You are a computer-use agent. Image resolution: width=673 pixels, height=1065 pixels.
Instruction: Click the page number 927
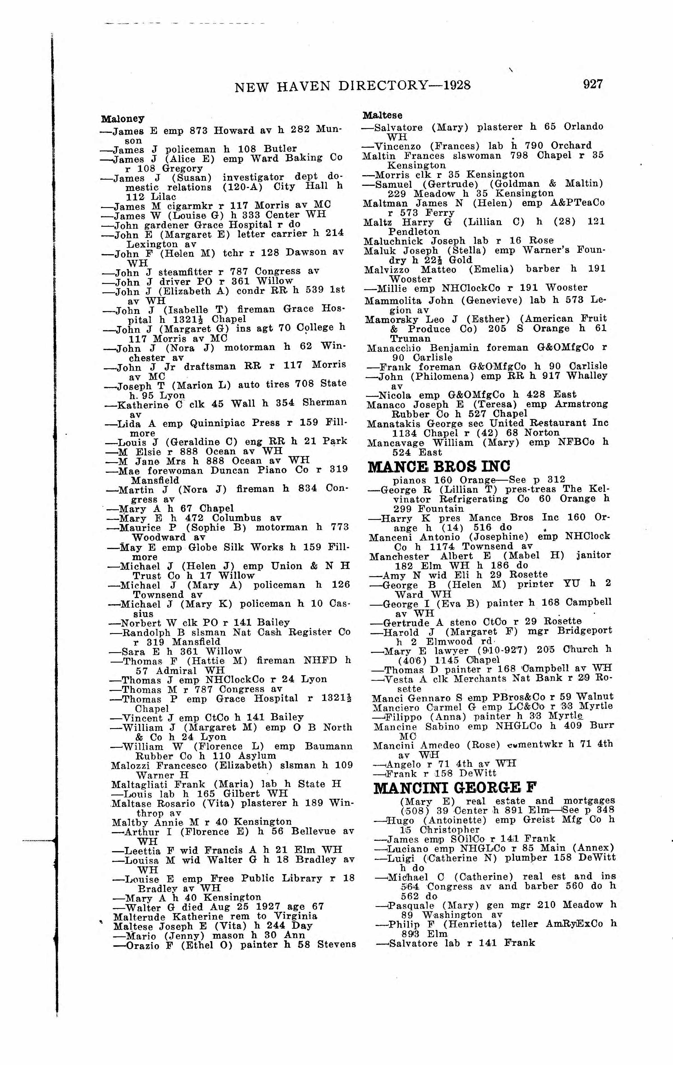593,84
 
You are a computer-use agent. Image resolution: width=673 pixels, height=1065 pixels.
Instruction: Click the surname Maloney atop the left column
123,119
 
